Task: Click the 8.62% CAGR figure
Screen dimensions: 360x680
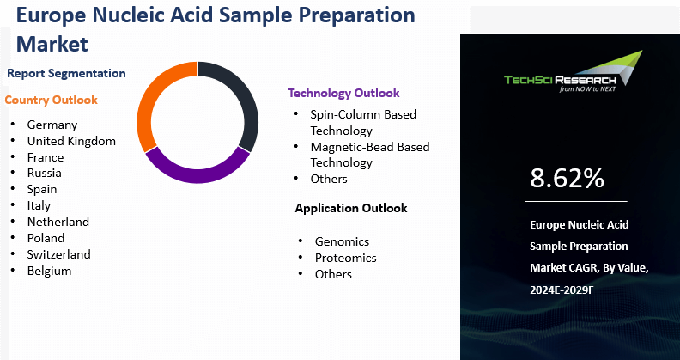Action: coord(567,178)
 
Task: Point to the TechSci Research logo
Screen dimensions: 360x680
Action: coord(572,74)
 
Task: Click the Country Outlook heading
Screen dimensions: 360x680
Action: coord(52,100)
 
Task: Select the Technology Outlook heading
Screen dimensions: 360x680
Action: coord(343,93)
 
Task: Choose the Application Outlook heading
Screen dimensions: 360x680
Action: coord(350,208)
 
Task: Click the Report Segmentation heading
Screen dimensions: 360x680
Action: coord(66,74)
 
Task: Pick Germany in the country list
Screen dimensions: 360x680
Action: coord(52,125)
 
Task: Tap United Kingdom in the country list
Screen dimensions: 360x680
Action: coord(71,141)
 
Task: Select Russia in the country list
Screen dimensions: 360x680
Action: coord(44,173)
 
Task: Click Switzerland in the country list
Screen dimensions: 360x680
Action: coord(58,254)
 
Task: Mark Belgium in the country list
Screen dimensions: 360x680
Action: coord(49,271)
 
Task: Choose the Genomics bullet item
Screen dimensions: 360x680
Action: coord(342,241)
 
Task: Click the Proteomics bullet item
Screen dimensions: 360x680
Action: coord(345,258)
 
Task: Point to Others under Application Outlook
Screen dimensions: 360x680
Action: coord(333,274)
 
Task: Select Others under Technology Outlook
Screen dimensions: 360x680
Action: coord(329,179)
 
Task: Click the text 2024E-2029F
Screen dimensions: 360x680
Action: coord(562,290)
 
